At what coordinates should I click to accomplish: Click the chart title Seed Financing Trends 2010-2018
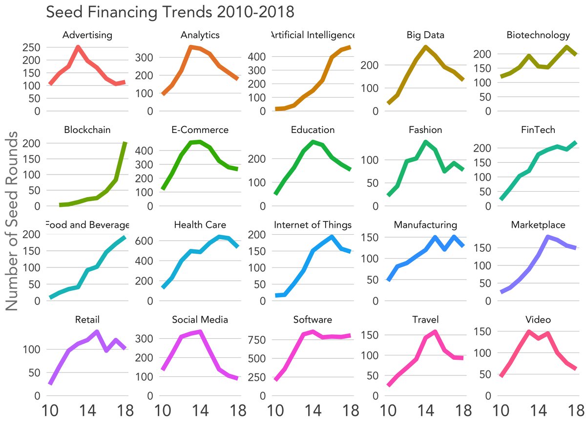pyautogui.click(x=170, y=12)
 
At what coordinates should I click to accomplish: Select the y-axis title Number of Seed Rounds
pyautogui.click(x=13, y=221)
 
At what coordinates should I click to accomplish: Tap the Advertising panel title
pyautogui.click(x=88, y=35)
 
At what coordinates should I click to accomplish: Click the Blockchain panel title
pyautogui.click(x=87, y=130)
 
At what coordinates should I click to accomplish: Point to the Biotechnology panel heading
pyautogui.click(x=538, y=35)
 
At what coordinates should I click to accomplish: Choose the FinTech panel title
pyautogui.click(x=538, y=130)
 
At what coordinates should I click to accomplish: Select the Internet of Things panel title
pyautogui.click(x=313, y=225)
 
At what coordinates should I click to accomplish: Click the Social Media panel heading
pyautogui.click(x=200, y=320)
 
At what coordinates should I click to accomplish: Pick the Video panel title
pyautogui.click(x=538, y=320)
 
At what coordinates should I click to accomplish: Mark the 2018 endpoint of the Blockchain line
pyautogui.click(x=126, y=143)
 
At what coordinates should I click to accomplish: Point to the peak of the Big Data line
pyautogui.click(x=425, y=47)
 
